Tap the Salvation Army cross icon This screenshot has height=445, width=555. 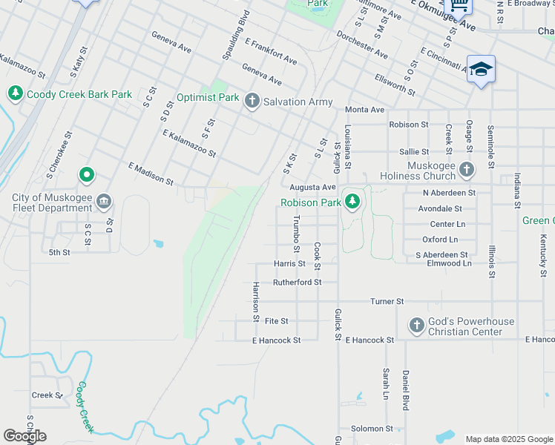tap(252, 101)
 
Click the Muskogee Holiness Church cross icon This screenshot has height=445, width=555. tap(466, 170)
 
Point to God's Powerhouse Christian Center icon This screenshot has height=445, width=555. tap(416, 326)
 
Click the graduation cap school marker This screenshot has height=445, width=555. tap(481, 69)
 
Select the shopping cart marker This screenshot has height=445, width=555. tap(459, 5)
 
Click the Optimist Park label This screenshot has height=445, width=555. tap(208, 97)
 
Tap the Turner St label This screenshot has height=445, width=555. tap(387, 302)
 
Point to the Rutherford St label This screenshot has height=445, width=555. tap(297, 283)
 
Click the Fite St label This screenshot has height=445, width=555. tap(276, 321)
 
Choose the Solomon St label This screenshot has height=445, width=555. tap(372, 429)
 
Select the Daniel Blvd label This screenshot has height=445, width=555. tap(406, 391)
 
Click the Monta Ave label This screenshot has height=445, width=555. tap(365, 110)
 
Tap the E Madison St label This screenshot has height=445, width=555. tap(151, 175)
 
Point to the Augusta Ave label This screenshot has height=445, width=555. tap(312, 188)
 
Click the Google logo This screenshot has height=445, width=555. tap(24, 436)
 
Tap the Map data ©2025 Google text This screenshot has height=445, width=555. tap(509, 439)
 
